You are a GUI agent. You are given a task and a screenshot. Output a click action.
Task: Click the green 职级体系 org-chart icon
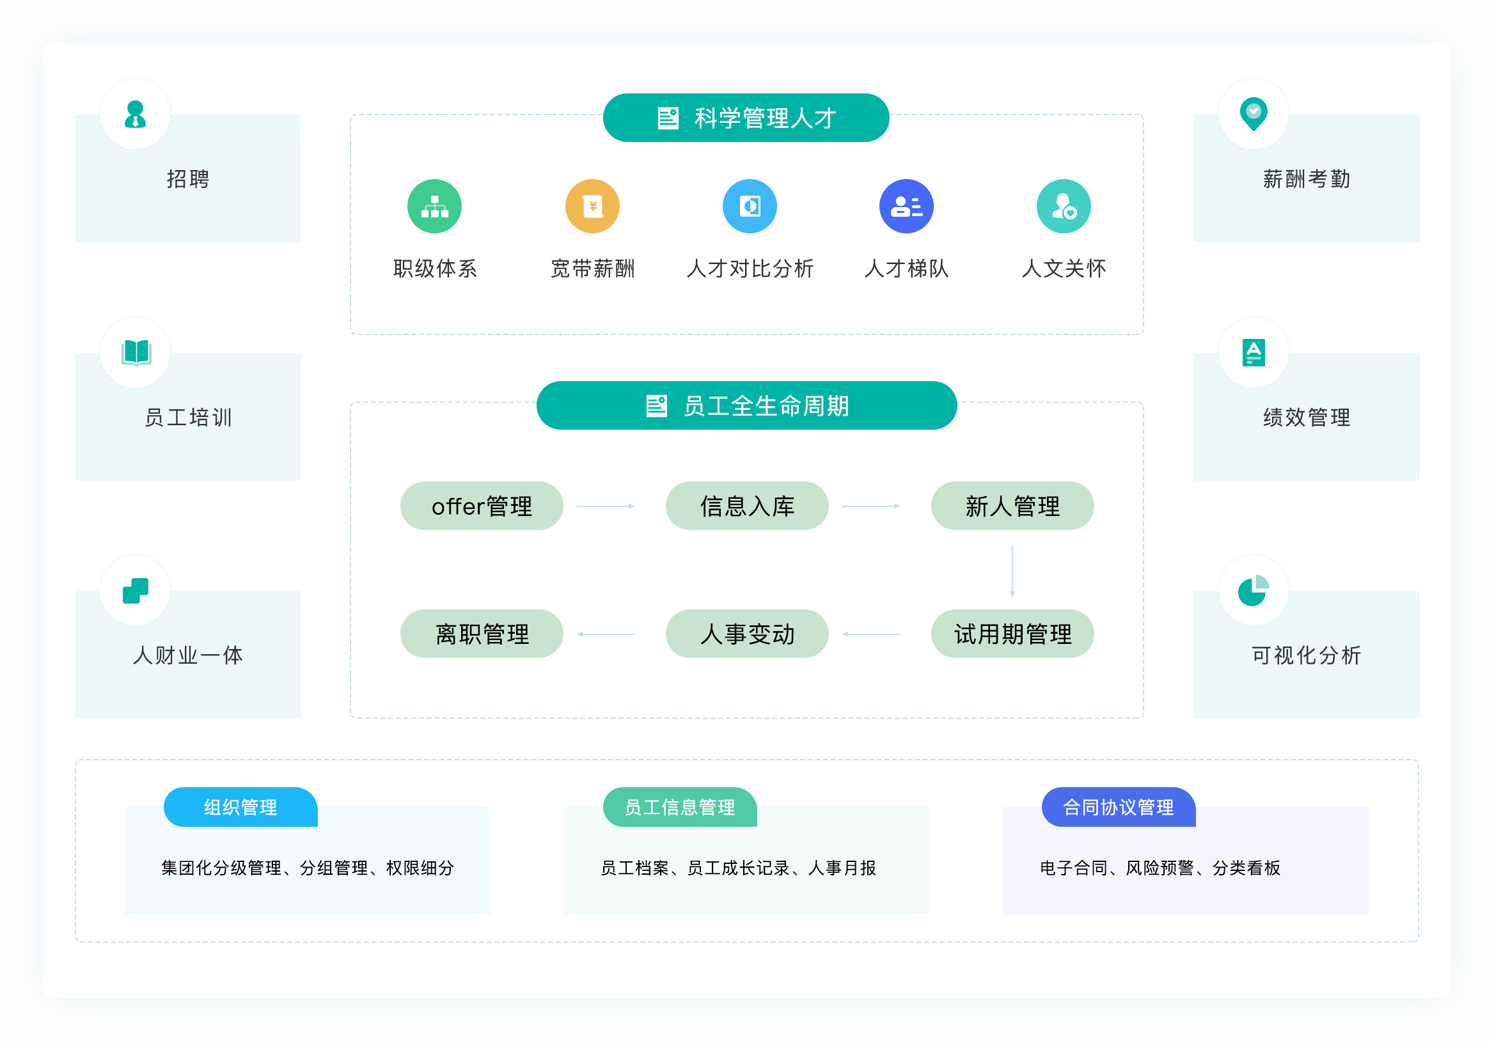pyautogui.click(x=435, y=207)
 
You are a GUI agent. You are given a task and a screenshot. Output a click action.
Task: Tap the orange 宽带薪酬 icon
pyautogui.click(x=592, y=207)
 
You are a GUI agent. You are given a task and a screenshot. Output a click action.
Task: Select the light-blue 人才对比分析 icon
pyautogui.click(x=750, y=207)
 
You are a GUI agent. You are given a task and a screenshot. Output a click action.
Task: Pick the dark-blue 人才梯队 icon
pyautogui.click(x=906, y=207)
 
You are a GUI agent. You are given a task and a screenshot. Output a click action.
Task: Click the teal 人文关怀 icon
pyautogui.click(x=1064, y=207)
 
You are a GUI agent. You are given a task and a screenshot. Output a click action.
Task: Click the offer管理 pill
pyautogui.click(x=482, y=506)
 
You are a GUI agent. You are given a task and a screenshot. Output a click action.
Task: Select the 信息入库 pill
pyautogui.click(x=747, y=506)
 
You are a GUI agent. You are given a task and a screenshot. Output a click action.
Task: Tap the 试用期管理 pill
pyautogui.click(x=1012, y=634)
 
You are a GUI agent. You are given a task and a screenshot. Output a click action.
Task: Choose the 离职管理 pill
pyautogui.click(x=482, y=634)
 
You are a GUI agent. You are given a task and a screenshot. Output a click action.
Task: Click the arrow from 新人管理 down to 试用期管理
pyautogui.click(x=1012, y=571)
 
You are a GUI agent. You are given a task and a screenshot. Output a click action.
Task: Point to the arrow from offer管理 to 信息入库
pyautogui.click(x=605, y=506)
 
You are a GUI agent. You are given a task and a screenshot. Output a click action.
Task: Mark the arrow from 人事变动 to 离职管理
pyautogui.click(x=605, y=634)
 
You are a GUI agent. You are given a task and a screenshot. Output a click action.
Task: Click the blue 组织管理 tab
pyautogui.click(x=240, y=807)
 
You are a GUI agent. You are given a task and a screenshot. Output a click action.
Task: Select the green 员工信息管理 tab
pyautogui.click(x=680, y=807)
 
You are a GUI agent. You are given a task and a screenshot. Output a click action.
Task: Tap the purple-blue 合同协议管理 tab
pyautogui.click(x=1119, y=807)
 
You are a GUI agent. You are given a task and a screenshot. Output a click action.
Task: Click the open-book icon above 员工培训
pyautogui.click(x=136, y=352)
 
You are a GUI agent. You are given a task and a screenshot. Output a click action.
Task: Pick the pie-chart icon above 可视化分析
pyautogui.click(x=1254, y=591)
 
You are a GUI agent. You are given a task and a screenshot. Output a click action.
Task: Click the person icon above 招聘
pyautogui.click(x=136, y=114)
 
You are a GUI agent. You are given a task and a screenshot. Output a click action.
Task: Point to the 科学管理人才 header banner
pyautogui.click(x=746, y=118)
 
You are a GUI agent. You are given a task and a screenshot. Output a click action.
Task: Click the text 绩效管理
pyautogui.click(x=1307, y=417)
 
